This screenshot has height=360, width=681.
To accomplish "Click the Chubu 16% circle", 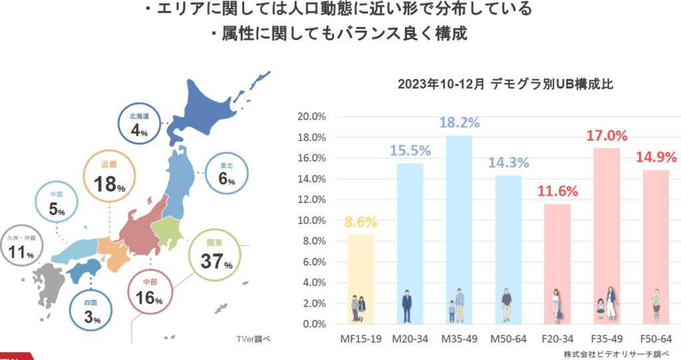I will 150,293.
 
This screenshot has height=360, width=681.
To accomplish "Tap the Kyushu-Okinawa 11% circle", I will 23,246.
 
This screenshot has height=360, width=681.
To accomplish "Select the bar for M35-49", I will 459,226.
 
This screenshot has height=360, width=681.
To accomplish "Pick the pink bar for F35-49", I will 607,233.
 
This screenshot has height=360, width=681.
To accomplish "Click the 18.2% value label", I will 459,123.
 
